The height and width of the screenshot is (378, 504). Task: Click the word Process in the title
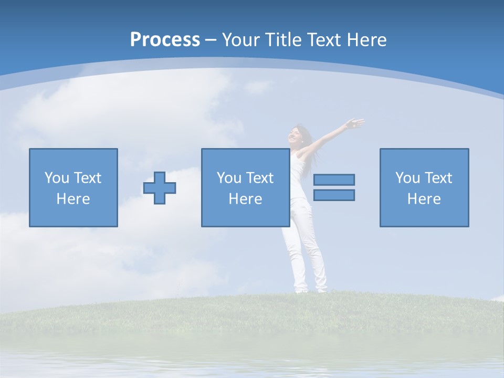165,40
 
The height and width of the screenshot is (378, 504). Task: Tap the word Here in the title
366,40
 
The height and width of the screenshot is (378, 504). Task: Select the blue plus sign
160,188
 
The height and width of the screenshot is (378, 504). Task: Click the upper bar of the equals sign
334,180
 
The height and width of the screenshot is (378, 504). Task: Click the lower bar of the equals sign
334,195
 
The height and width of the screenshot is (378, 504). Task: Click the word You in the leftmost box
57,178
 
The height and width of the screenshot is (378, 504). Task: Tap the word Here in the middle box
246,199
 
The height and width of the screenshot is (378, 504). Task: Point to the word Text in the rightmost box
438,178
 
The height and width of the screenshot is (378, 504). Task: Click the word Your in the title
242,40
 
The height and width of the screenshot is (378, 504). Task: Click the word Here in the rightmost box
424,199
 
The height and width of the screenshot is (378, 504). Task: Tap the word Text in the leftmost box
88,178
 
